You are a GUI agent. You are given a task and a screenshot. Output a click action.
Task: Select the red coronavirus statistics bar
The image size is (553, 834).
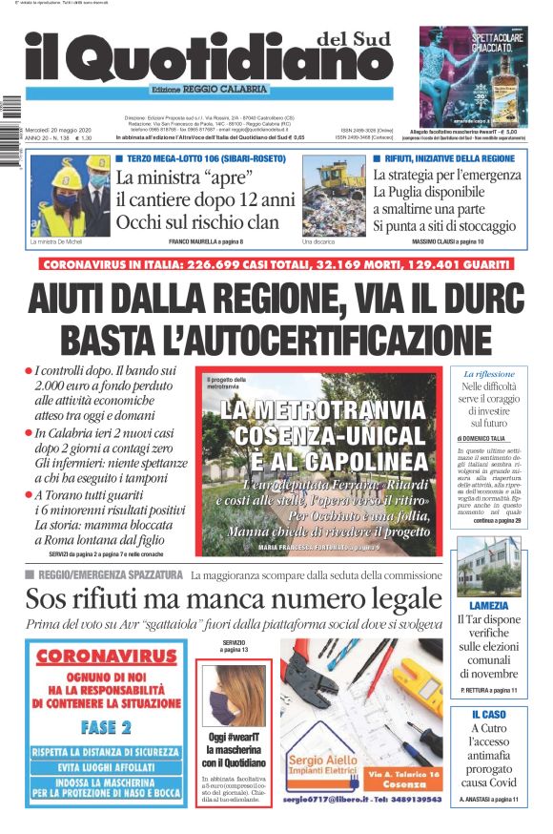276,264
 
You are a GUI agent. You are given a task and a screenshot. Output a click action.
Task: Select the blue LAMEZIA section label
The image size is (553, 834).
488,605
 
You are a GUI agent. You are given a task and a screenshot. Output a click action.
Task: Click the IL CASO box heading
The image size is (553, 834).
488,714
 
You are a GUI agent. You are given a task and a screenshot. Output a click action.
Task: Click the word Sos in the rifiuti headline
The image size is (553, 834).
49,599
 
